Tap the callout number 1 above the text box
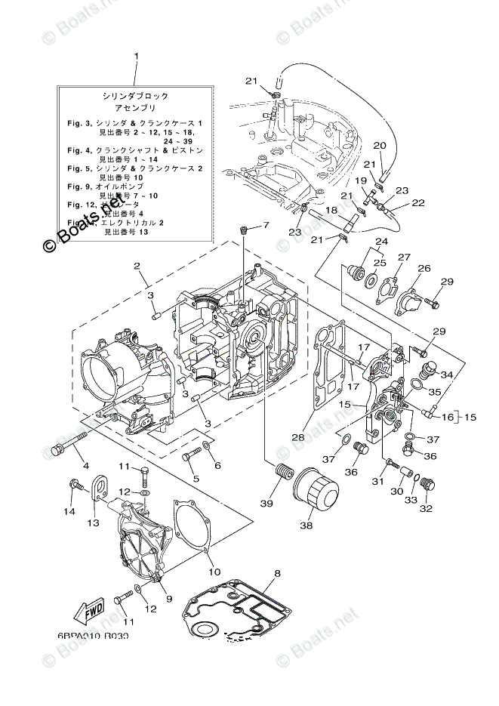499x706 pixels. (x=137, y=57)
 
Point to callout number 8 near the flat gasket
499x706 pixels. (x=277, y=575)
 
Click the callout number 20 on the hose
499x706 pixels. (x=380, y=145)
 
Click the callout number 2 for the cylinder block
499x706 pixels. (x=138, y=266)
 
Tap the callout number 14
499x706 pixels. (x=70, y=511)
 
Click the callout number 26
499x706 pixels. (x=424, y=268)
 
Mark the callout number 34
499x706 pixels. (x=447, y=374)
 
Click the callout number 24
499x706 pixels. (x=380, y=242)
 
